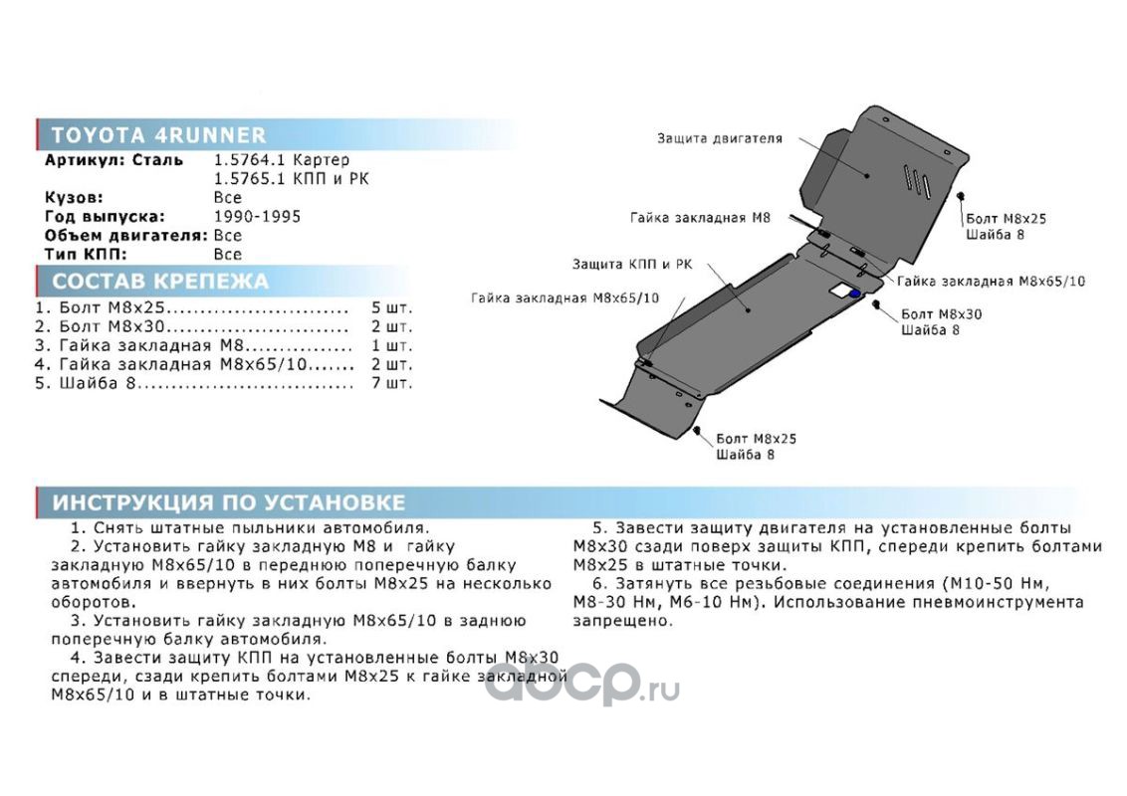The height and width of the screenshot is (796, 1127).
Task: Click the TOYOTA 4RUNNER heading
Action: tap(158, 136)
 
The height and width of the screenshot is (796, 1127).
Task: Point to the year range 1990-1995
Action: tap(257, 217)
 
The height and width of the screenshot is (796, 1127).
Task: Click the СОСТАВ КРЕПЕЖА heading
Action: tap(159, 281)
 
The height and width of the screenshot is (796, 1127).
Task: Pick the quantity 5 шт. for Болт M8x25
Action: tap(391, 307)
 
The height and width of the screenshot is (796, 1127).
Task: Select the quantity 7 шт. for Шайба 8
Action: tap(391, 383)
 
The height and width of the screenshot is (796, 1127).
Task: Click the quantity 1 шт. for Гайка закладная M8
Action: tap(391, 345)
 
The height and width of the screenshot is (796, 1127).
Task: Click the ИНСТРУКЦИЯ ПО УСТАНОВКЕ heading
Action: tap(228, 501)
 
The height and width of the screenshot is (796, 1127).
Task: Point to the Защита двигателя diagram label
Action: tap(719, 139)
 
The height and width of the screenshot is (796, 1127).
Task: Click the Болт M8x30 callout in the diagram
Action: tap(941, 313)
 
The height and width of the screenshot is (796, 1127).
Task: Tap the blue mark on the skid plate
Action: tap(855, 294)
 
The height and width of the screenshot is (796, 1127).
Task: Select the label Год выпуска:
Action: tap(104, 217)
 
